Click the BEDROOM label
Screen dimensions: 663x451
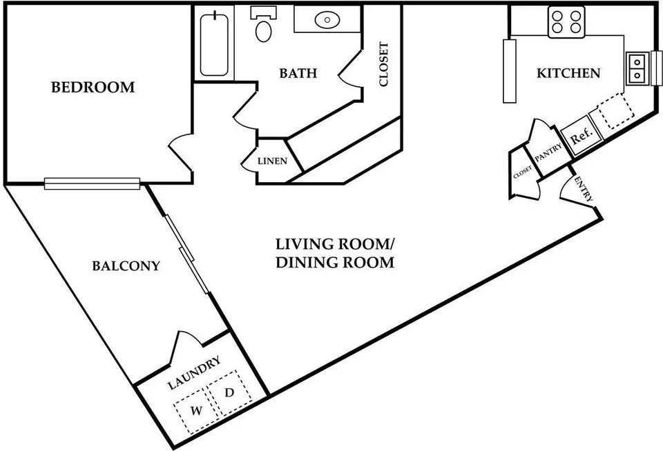[x=93, y=87]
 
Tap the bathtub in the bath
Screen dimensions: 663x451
[x=214, y=46]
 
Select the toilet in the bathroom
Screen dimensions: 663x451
[x=263, y=23]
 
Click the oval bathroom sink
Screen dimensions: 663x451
[x=327, y=19]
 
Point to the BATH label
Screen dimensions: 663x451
[x=298, y=73]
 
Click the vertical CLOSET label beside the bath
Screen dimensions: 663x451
[x=383, y=64]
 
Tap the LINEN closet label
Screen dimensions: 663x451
[x=272, y=161]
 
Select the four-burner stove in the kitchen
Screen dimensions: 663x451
[x=566, y=22]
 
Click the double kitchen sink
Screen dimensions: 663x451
[x=637, y=68]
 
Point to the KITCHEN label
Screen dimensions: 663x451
[x=568, y=73]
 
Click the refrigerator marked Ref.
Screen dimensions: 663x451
[x=581, y=137]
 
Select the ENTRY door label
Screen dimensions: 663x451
[x=584, y=189]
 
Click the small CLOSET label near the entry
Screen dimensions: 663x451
[x=522, y=172]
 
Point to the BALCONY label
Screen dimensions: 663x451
[x=126, y=265]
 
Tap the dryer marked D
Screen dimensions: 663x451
[x=230, y=392]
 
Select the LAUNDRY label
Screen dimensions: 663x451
[x=194, y=373]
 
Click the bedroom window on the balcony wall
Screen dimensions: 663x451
[x=92, y=183]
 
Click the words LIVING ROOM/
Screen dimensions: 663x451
[x=336, y=244]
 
